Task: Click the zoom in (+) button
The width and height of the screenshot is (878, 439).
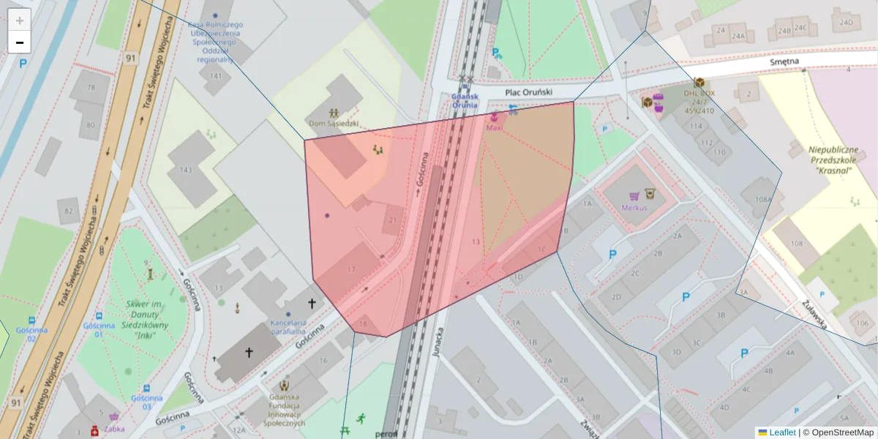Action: point(20,20)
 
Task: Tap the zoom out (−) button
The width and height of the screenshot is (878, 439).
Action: point(20,42)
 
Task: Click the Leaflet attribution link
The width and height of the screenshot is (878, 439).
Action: point(782,432)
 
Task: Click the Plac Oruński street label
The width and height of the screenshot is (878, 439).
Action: point(529,92)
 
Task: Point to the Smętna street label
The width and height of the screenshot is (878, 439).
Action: point(784,63)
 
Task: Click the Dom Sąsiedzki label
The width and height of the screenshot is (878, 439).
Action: point(334,124)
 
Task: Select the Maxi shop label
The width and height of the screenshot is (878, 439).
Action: point(495,128)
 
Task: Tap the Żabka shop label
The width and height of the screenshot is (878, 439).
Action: point(115,429)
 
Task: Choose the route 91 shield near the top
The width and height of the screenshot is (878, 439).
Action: point(130,58)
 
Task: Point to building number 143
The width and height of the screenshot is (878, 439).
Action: point(185,170)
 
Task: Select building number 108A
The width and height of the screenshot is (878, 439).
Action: point(763,199)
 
